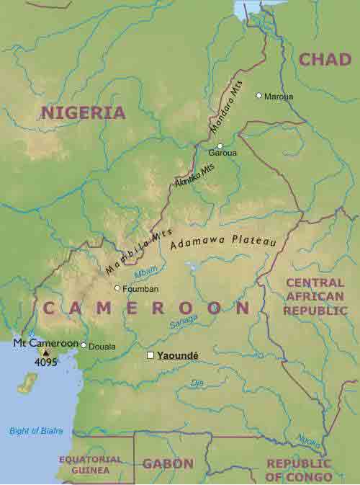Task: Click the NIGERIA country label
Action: pos(83,112)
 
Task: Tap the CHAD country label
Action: pos(325,60)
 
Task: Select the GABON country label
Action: pos(168,463)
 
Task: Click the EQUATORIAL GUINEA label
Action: pos(86,464)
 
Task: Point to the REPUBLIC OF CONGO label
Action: pos(299,470)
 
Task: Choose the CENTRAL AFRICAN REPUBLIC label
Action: pos(315,296)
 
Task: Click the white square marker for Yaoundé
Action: pos(150,355)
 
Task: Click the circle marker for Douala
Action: pos(84,345)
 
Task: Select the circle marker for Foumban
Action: pos(117,288)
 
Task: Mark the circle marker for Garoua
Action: pos(220,146)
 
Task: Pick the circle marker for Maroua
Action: pos(259,95)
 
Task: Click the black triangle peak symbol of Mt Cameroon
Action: pos(46,352)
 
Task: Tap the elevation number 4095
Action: pos(46,362)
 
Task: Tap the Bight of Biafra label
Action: pos(36,431)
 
